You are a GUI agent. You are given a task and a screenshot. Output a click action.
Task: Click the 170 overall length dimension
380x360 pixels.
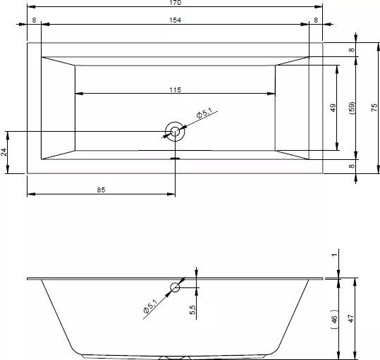tap(175, 2)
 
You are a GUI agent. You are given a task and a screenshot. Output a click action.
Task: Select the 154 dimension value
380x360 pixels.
tap(175, 20)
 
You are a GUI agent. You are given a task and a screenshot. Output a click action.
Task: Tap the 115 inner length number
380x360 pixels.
tap(175, 89)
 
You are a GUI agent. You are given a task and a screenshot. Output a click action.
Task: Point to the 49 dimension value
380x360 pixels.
tap(333, 108)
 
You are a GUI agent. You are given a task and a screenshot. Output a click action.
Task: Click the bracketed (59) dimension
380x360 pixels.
tap(352, 108)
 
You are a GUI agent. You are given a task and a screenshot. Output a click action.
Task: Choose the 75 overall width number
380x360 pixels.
tap(374, 108)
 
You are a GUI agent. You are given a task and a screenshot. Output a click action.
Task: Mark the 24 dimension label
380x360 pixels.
tap(4, 152)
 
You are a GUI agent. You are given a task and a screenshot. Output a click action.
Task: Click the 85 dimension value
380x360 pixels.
tap(101, 190)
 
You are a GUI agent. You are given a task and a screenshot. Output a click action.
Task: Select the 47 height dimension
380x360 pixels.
tap(350, 318)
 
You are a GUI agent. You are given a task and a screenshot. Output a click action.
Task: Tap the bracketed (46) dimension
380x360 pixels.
tap(334, 319)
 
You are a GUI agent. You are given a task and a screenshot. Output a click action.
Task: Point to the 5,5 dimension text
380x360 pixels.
tap(192, 310)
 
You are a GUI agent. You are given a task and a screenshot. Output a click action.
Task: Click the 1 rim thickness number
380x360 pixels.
tap(334, 255)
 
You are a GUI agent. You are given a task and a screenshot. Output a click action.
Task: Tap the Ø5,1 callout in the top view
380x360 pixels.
tap(204, 113)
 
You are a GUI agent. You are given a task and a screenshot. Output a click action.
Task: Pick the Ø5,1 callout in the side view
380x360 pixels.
tap(150, 306)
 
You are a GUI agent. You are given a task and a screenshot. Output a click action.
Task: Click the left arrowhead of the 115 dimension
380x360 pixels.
tap(79, 94)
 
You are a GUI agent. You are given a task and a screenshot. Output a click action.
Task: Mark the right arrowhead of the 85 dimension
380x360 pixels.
tap(171, 194)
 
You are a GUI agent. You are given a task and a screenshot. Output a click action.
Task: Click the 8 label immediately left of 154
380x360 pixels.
tap(34, 20)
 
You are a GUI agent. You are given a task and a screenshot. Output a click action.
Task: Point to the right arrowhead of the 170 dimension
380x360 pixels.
tap(319, 7)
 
